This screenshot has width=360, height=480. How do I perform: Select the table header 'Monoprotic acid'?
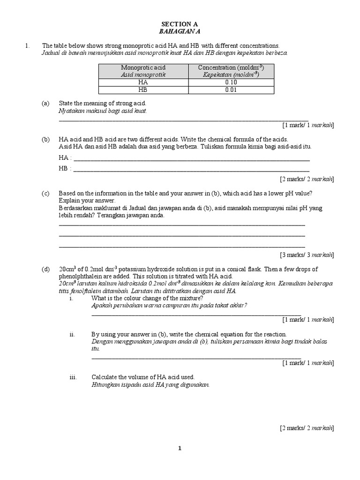coord(143,67)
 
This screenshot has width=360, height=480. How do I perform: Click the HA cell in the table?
coord(143,82)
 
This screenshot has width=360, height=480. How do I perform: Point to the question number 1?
coord(28,45)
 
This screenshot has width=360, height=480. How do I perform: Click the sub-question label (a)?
coord(45,103)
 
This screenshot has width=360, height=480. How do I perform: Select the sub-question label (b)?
coord(45,139)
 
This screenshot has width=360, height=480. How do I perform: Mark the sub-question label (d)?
coord(45,269)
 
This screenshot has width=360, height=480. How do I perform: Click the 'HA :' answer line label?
coord(65,157)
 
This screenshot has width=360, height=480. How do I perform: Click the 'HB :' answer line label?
coord(65,168)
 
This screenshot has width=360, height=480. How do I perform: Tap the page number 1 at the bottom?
coord(180,448)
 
